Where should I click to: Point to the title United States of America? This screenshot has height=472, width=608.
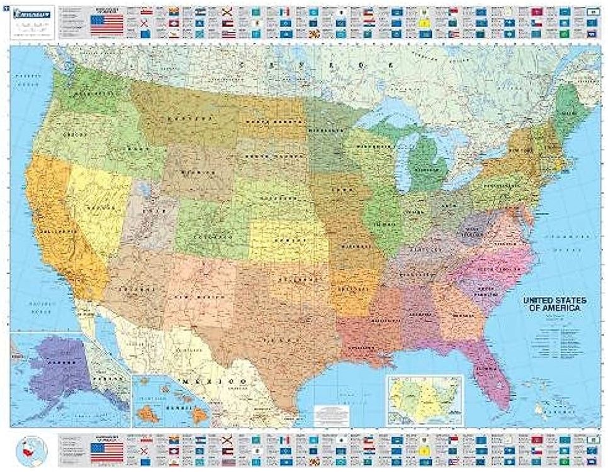click(555, 305)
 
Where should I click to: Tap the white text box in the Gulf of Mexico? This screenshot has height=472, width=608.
click(331, 415)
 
